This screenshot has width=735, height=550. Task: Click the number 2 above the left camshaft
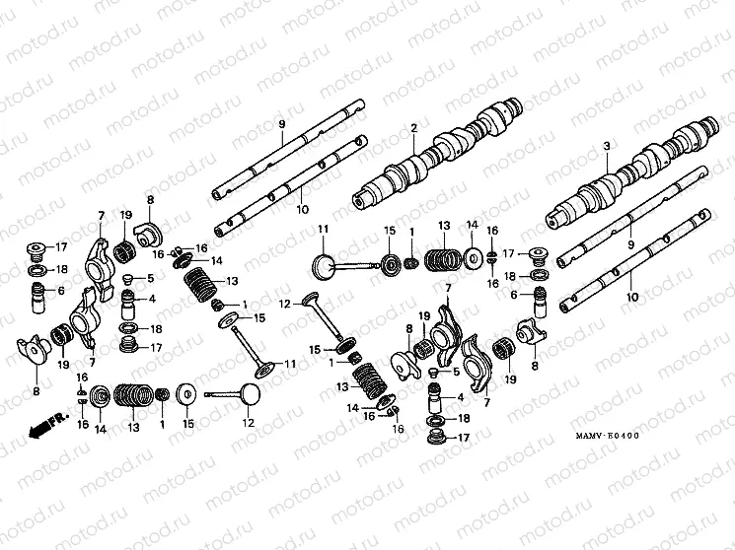(414, 128)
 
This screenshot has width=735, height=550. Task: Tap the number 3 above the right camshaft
(607, 147)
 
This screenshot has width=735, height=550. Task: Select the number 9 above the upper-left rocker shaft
(281, 122)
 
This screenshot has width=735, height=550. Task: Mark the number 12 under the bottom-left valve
(249, 423)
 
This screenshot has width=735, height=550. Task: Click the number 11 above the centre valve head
(322, 230)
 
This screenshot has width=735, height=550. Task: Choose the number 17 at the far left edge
(60, 246)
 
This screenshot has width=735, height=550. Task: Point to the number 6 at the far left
(61, 291)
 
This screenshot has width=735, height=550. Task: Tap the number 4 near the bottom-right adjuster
(460, 398)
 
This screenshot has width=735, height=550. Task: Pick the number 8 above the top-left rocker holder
(150, 200)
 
